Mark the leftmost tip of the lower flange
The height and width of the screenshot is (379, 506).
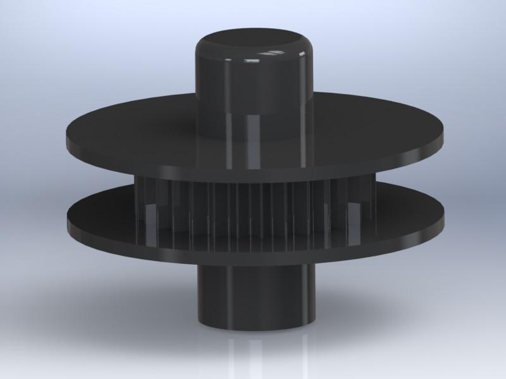(66, 218)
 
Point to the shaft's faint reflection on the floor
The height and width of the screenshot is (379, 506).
(253, 354)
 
